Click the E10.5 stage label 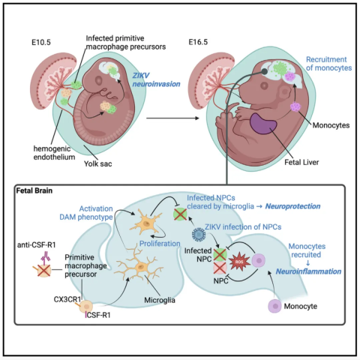tap(41, 42)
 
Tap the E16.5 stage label tap(198, 42)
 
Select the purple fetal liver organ tap(263, 124)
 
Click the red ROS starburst tap(240, 262)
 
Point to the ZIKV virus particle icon tap(199, 234)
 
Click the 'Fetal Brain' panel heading tap(34, 190)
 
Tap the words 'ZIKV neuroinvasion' tap(156, 79)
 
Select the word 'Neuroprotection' tap(292, 206)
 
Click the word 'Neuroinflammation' tap(308, 271)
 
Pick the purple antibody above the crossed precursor tap(46, 257)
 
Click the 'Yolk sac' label tap(97, 163)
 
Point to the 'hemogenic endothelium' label tap(54, 153)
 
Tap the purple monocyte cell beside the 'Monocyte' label tap(275, 306)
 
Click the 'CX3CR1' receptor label tap(67, 299)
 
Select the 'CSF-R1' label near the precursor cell tap(98, 315)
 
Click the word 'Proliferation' tap(160, 244)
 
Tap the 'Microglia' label tap(160, 300)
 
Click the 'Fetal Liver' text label tap(301, 162)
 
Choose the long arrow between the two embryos tap(172, 118)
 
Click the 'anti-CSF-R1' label tap(36, 244)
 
